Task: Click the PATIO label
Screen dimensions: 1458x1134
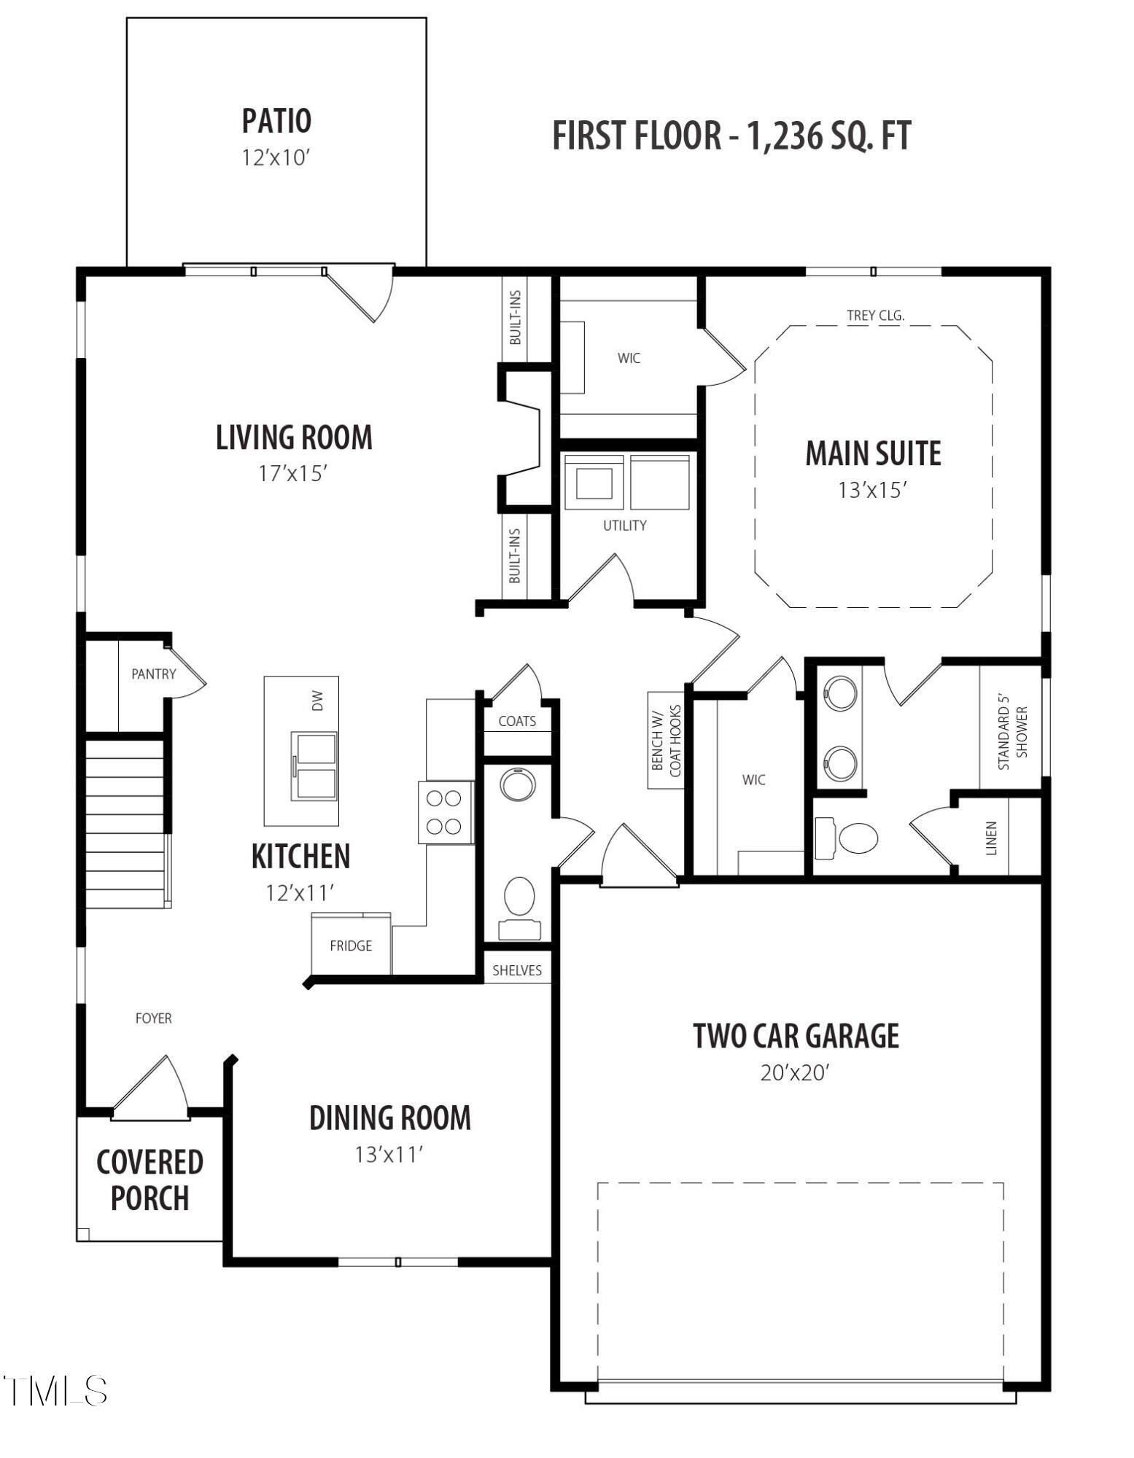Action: [x=276, y=121]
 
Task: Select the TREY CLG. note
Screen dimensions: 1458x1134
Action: [x=875, y=316]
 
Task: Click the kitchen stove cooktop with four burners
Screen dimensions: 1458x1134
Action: [x=445, y=812]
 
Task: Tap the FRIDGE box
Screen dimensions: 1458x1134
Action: [x=351, y=946]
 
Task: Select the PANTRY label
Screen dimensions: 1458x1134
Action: [x=153, y=674]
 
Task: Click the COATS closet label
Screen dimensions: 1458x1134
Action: [x=517, y=721]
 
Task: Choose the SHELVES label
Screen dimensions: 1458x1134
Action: [x=517, y=970]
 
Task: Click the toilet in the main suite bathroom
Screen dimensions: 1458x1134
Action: [x=850, y=838]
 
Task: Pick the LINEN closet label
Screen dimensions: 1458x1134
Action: [x=990, y=838]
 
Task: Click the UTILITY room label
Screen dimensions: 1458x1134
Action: [x=624, y=525]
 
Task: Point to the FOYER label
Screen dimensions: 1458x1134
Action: [x=153, y=1018]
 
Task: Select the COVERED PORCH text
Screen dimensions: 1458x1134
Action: [x=149, y=1180]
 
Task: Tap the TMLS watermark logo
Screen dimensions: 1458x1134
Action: [x=55, y=1391]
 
